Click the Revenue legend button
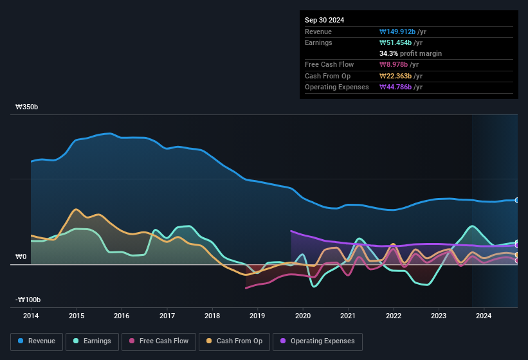pos(37,341)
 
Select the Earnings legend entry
pos(91,341)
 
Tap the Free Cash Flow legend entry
pos(158,341)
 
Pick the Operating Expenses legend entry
pos(318,341)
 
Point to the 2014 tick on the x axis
pos(31,316)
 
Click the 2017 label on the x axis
pos(167,316)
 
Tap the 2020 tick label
pos(303,316)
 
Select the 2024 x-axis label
pos(484,316)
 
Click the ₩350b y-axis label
pos(27,107)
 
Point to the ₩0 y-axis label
pos(21,257)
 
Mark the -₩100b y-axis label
pos(28,300)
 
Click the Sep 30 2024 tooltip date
pos(324,20)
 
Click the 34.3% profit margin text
pos(410,53)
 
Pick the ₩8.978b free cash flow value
pos(396,64)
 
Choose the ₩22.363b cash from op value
pos(397,76)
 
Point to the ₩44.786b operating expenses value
pos(397,87)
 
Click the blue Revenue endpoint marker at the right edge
pos(517,201)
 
